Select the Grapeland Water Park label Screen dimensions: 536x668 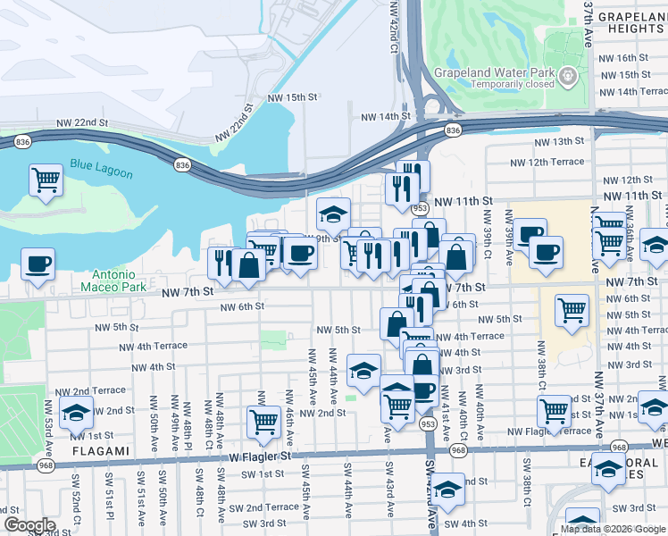(494, 72)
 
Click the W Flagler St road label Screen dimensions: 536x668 (260, 456)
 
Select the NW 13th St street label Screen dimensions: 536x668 (558, 141)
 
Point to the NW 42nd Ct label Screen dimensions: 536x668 (394, 26)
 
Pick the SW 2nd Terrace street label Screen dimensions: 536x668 (269, 507)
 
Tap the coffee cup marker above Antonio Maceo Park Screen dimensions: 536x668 (38, 264)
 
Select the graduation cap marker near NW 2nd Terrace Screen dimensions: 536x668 (77, 413)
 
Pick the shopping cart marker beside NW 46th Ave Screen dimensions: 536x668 (263, 420)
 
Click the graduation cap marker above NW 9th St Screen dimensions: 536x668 (333, 214)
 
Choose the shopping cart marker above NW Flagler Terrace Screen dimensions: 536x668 (555, 410)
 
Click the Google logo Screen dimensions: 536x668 (29, 525)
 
